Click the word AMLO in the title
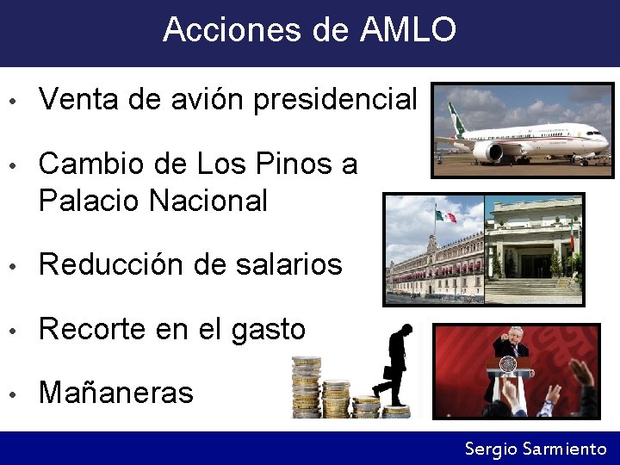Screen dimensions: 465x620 [408, 30]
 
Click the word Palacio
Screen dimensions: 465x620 [90, 201]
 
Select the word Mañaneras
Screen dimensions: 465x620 [116, 393]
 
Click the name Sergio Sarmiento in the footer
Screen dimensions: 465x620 [536, 449]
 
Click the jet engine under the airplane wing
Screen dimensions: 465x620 [488, 152]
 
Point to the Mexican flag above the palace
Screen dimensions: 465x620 [445, 216]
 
